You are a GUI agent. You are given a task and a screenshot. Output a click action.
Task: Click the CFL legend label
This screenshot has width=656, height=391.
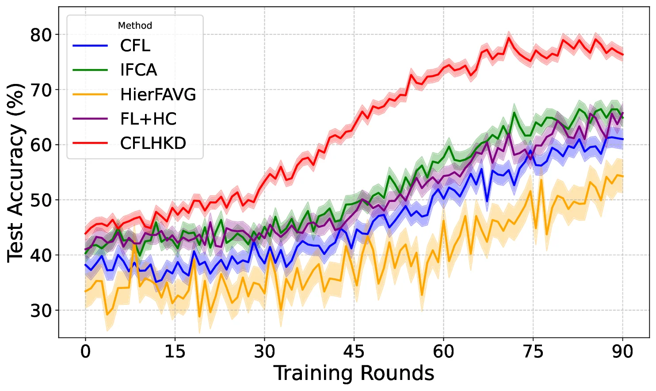click(135, 46)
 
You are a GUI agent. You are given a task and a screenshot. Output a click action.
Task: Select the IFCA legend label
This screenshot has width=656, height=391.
click(138, 70)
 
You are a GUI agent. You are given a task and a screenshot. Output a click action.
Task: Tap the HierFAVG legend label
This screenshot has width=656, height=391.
click(158, 95)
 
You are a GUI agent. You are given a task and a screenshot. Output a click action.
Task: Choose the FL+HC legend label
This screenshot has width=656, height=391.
click(148, 119)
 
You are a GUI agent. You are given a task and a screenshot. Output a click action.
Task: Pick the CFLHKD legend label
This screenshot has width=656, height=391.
click(153, 143)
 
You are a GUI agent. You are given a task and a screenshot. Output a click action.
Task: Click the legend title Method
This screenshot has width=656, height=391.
click(135, 26)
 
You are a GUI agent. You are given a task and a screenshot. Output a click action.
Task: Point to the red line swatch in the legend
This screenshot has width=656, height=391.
click(90, 143)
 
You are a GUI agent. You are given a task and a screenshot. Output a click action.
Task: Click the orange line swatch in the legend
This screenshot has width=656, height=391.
click(90, 95)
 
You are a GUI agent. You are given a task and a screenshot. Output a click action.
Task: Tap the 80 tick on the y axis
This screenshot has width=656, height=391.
click(41, 35)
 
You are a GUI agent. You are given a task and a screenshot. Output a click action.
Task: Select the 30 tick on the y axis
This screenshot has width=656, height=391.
click(41, 311)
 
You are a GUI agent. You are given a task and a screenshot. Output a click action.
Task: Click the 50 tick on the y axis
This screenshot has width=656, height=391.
click(41, 200)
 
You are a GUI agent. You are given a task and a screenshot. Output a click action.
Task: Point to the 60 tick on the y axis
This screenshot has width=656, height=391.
click(41, 145)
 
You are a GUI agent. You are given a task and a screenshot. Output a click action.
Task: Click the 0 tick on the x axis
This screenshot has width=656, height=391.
click(85, 352)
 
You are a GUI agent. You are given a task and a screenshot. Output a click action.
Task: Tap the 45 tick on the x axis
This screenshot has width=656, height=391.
click(354, 352)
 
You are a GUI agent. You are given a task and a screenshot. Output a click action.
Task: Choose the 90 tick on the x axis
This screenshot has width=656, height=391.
click(623, 352)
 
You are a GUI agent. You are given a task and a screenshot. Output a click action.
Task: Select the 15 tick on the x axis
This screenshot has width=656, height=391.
click(175, 352)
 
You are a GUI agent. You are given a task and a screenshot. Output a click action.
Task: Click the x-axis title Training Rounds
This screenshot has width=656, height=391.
click(354, 373)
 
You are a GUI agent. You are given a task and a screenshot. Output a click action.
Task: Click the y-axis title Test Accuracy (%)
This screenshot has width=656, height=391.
click(15, 172)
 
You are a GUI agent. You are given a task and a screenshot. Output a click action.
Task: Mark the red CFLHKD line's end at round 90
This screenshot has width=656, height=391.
click(623, 55)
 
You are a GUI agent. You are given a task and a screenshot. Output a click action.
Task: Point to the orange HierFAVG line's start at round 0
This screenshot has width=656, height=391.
click(85, 292)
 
